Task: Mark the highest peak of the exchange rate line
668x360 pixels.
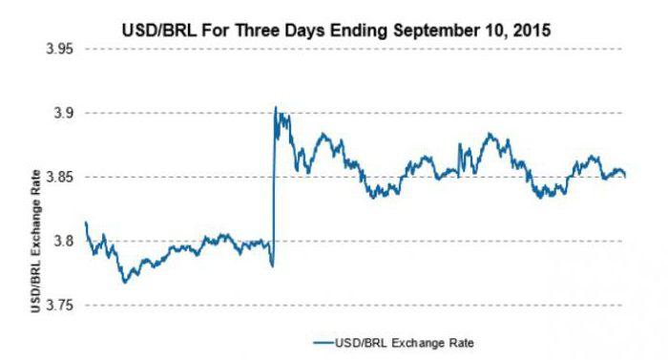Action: [276, 107]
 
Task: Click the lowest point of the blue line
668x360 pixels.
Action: [124, 282]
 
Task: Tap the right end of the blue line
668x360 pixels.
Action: [625, 177]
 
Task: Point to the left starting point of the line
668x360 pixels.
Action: [86, 222]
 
